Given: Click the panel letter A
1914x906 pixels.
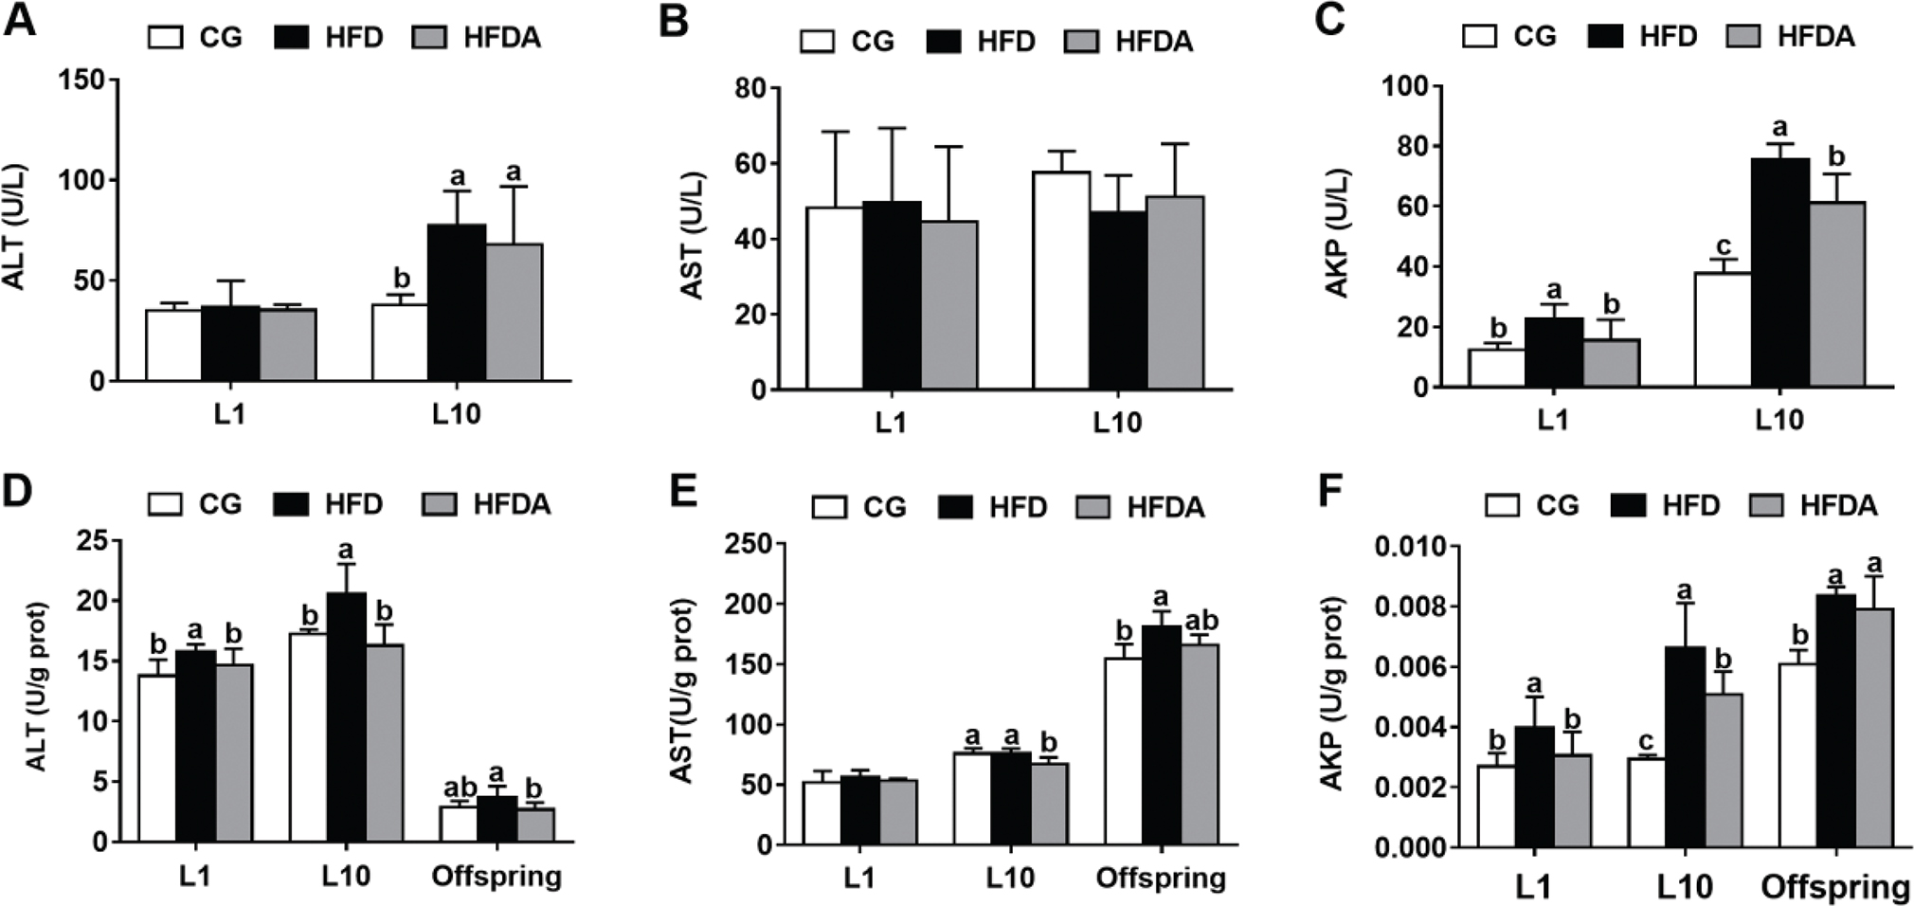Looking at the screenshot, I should point(20,20).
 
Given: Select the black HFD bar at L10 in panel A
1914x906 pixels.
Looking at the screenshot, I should point(457,302).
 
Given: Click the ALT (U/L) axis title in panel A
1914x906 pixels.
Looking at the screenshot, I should point(15,227).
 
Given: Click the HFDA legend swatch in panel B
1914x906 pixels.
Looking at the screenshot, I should point(1081,42).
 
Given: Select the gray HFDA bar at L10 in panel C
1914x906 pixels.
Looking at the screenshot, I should point(1836,294).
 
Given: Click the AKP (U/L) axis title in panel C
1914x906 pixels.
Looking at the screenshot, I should point(1337,233).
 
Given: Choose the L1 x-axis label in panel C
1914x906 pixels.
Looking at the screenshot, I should point(1552,419).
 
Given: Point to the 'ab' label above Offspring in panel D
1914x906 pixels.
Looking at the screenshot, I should point(460,788).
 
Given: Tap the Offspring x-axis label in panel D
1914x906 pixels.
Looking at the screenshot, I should point(497,876).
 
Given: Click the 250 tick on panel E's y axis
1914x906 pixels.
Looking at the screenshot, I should point(749,544).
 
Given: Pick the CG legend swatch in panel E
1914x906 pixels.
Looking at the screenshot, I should point(829,508).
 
